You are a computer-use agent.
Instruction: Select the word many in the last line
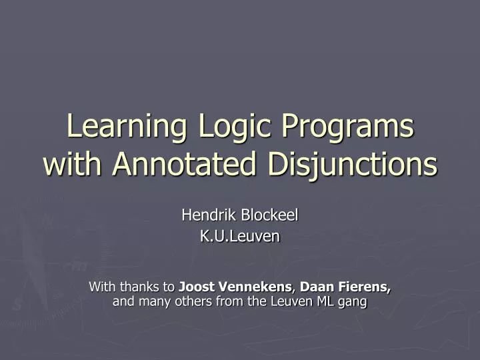click(151, 301)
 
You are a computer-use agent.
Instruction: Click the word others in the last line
click(189, 301)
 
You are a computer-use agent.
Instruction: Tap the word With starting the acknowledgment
click(101, 287)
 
